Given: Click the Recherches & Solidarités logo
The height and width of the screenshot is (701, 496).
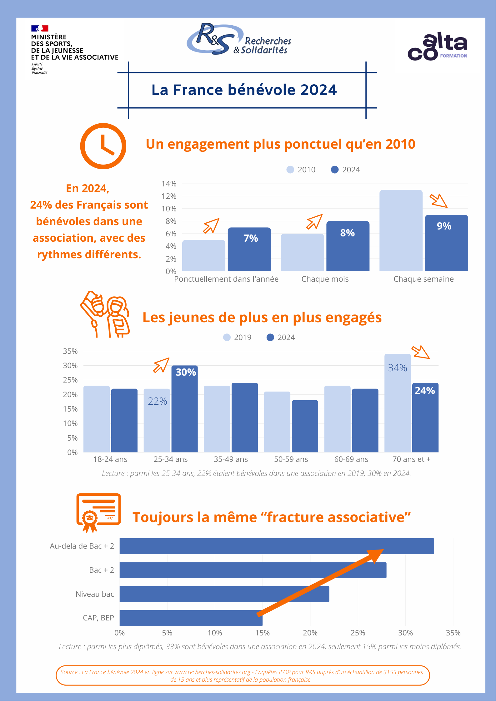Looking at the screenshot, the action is pyautogui.click(x=239, y=39).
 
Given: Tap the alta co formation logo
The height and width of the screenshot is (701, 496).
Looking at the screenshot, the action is pyautogui.click(x=438, y=46).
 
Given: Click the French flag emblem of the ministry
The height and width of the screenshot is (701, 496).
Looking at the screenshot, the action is pyautogui.click(x=40, y=28).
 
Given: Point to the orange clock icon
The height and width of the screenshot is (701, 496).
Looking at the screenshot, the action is pyautogui.click(x=103, y=146).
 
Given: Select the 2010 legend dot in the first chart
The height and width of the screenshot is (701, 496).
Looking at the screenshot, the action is pyautogui.click(x=290, y=170).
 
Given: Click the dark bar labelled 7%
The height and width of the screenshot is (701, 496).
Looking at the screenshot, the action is pyautogui.click(x=249, y=249).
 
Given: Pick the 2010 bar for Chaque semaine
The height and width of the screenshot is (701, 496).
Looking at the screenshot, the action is pyautogui.click(x=401, y=230).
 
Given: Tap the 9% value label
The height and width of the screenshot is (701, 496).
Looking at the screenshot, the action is pyautogui.click(x=444, y=226).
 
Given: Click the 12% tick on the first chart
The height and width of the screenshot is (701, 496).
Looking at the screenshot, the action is pyautogui.click(x=169, y=196).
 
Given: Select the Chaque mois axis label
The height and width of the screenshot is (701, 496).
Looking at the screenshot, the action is pyautogui.click(x=325, y=279).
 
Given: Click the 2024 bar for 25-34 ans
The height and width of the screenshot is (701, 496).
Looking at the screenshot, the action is pyautogui.click(x=184, y=409).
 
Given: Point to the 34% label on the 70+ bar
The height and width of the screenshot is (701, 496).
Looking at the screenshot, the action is pyautogui.click(x=398, y=368).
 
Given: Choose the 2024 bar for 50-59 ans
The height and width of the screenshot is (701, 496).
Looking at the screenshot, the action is pyautogui.click(x=305, y=426).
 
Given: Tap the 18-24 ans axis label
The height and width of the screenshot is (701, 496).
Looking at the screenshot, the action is pyautogui.click(x=110, y=459).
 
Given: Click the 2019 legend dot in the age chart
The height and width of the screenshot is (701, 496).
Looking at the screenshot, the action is pyautogui.click(x=227, y=338).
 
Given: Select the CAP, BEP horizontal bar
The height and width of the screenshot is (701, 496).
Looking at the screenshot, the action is pyautogui.click(x=191, y=618).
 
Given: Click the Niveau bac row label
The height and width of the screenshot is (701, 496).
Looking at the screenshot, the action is pyautogui.click(x=95, y=594).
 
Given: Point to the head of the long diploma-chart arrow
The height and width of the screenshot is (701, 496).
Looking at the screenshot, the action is pyautogui.click(x=383, y=550).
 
